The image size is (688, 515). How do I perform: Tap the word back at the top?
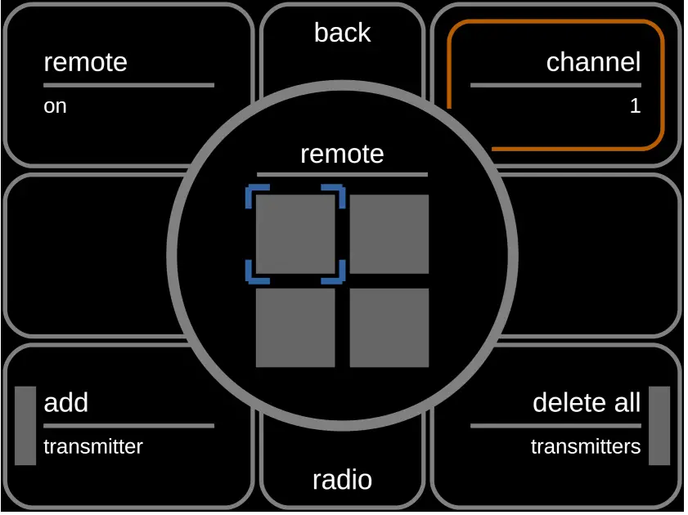click(342, 33)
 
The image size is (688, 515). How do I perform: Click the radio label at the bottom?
click(342, 480)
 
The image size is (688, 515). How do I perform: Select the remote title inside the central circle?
click(342, 154)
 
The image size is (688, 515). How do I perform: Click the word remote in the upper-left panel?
click(85, 62)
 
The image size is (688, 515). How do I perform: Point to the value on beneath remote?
click(55, 106)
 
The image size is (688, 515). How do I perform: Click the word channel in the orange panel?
click(593, 62)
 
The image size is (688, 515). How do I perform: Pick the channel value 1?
click(635, 106)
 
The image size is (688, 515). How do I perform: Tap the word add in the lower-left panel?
click(65, 402)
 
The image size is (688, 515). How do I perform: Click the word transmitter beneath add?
click(92, 447)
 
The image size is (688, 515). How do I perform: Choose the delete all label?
click(586, 402)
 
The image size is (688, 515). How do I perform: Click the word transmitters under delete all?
click(585, 447)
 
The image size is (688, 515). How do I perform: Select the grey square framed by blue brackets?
click(295, 235)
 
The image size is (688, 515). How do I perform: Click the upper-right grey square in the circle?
click(389, 235)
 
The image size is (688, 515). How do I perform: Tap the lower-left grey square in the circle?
click(295, 328)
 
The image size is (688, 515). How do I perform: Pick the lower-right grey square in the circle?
click(389, 328)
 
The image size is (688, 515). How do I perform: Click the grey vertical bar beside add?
click(25, 426)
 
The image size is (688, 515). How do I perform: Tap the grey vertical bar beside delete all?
click(659, 426)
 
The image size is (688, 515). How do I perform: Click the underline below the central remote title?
click(342, 174)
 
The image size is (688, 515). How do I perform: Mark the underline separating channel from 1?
click(555, 85)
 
